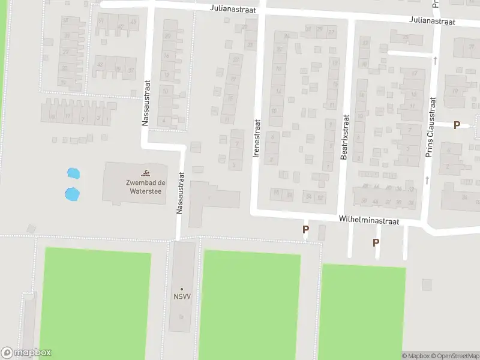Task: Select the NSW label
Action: (182, 297)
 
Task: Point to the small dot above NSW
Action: (182, 289)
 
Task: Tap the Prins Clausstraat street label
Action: (430, 128)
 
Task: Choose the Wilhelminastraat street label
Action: (368, 221)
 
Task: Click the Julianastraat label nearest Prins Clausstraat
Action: (433, 21)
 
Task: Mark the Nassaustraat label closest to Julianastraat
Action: (145, 103)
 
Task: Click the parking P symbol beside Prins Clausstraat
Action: (457, 125)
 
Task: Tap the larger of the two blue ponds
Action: (72, 194)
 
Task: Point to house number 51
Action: (101, 22)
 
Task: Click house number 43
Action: (100, 65)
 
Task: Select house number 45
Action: (133, 22)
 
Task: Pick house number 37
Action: (131, 70)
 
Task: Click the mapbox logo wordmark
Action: (26, 353)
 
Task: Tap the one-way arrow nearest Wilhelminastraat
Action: (427, 179)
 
